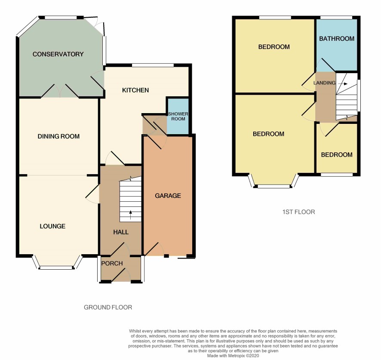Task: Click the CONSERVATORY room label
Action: (x=58, y=54)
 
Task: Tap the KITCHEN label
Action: (x=135, y=90)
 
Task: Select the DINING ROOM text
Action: (x=58, y=136)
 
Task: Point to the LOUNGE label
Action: (x=52, y=226)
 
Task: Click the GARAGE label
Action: (x=168, y=196)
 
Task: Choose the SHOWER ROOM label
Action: (x=178, y=117)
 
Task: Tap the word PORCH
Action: (x=112, y=263)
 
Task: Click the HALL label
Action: (x=121, y=232)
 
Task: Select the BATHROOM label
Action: (x=337, y=39)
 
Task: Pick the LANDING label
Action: (x=324, y=83)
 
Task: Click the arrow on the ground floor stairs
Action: (x=130, y=215)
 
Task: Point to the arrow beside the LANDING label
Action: (x=343, y=84)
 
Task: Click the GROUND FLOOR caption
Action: (x=108, y=308)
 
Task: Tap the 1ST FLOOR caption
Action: (x=298, y=212)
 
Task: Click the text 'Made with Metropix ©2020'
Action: (x=233, y=356)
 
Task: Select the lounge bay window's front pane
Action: (x=56, y=268)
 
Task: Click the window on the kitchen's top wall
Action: (x=153, y=65)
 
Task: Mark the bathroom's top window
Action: (x=336, y=18)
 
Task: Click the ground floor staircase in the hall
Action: (x=130, y=199)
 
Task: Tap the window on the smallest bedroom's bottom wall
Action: (x=337, y=175)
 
